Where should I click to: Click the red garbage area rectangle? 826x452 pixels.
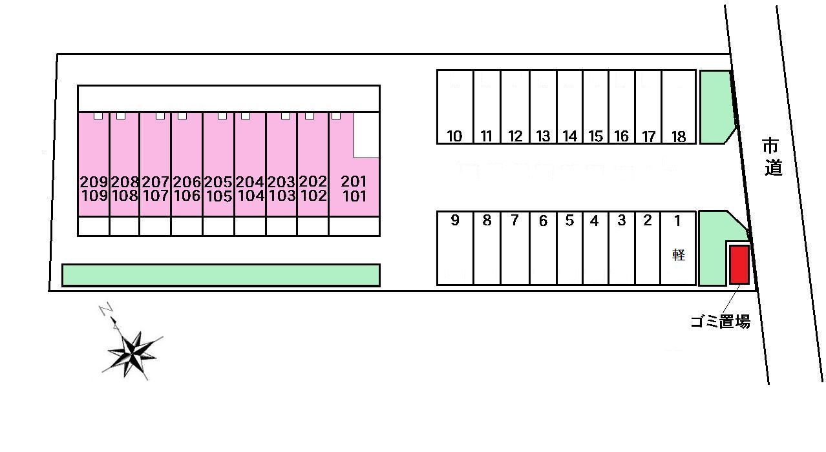pyautogui.click(x=739, y=264)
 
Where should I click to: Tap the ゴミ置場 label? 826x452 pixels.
pyautogui.click(x=720, y=322)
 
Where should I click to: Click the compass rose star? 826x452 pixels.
pyautogui.click(x=133, y=352)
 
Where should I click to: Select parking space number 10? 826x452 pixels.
pyautogui.click(x=455, y=107)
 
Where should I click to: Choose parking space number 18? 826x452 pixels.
pyautogui.click(x=678, y=107)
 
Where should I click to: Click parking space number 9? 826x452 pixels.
pyautogui.click(x=455, y=248)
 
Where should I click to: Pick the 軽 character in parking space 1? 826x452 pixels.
pyautogui.click(x=678, y=254)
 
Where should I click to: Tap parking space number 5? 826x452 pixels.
pyautogui.click(x=569, y=248)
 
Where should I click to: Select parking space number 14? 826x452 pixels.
pyautogui.click(x=569, y=107)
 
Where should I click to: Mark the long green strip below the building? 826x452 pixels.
pyautogui.click(x=220, y=274)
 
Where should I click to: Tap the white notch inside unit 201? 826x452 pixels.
pyautogui.click(x=366, y=134)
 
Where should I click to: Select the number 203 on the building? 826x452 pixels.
pyautogui.click(x=281, y=181)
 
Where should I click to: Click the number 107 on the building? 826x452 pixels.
pyautogui.click(x=155, y=196)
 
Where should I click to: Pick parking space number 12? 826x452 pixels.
pyautogui.click(x=515, y=107)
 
